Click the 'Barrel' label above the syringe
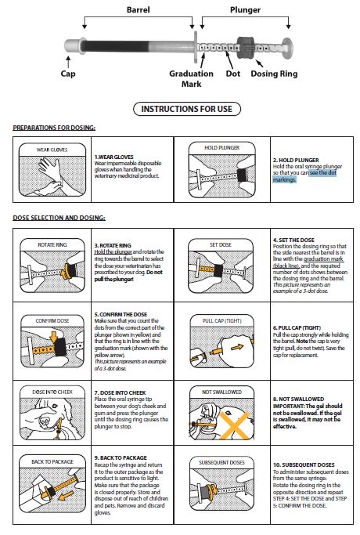point(138,9)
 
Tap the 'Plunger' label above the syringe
point(245,10)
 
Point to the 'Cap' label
point(68,74)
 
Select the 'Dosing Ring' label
point(274,74)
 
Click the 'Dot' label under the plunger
point(233,74)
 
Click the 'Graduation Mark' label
point(191,78)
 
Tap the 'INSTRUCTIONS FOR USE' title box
point(187,109)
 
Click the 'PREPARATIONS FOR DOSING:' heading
point(54,128)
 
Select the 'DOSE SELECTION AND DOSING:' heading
point(59,218)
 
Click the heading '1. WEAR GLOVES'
point(113,157)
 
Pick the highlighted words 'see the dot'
point(323,172)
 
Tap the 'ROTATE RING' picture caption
point(52,244)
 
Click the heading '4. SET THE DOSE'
point(293,240)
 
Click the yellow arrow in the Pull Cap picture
point(237,348)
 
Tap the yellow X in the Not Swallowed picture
point(235,425)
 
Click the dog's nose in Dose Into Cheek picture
point(45,422)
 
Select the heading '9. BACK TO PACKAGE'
point(121,457)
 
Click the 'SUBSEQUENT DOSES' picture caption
point(221,462)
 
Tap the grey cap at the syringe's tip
point(71,46)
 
